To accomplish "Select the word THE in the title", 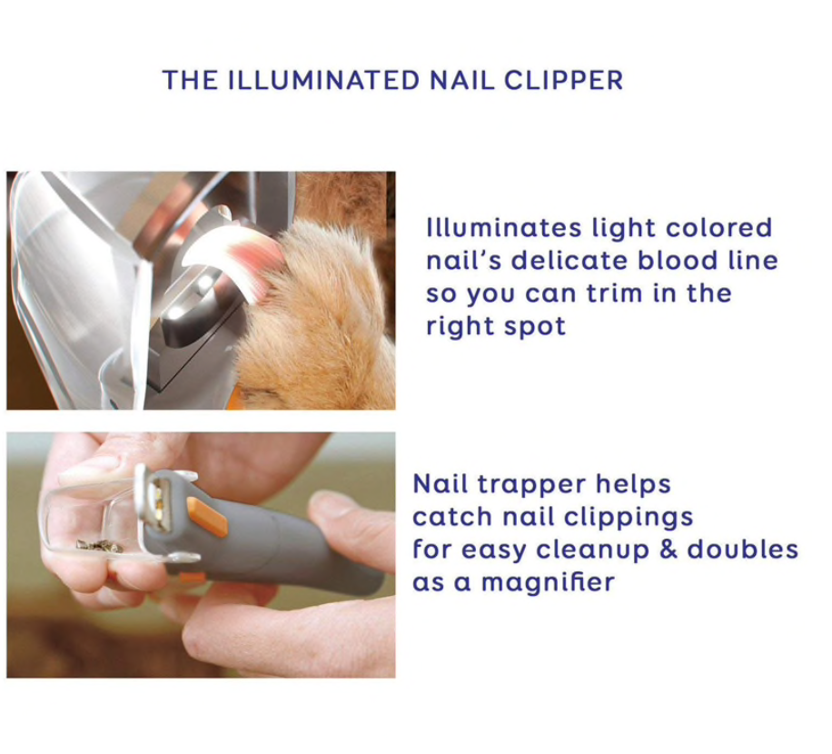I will tap(187, 80).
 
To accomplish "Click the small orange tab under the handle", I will tap(191, 577).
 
